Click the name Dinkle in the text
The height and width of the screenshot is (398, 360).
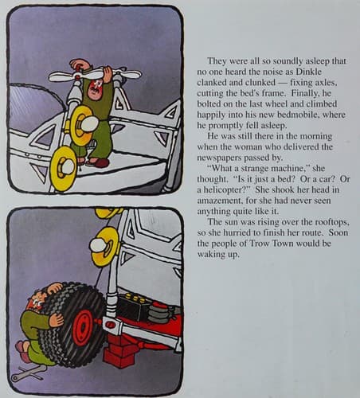click(308, 72)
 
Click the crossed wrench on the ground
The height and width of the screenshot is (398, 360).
click(29, 373)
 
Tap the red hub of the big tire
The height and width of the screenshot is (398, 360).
click(83, 324)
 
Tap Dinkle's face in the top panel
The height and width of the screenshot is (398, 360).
click(96, 89)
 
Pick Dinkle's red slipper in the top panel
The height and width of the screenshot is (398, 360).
click(99, 162)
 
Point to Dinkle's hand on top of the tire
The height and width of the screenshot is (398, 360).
click(55, 288)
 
